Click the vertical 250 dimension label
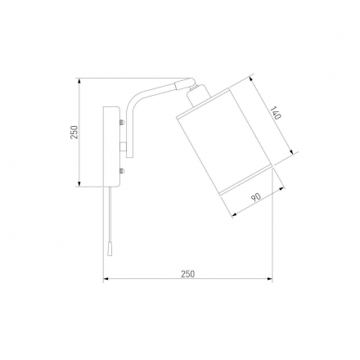[x=74, y=133]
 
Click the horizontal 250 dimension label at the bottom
[x=188, y=274]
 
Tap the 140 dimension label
[x=275, y=113]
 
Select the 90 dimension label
[x=256, y=197]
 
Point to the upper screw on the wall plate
[x=122, y=122]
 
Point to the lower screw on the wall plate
[x=122, y=171]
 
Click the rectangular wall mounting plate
[x=111, y=146]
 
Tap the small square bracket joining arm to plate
[x=123, y=146]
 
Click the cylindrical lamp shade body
[x=225, y=142]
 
